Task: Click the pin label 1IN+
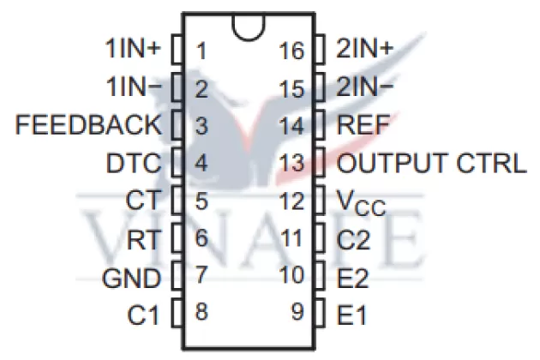pyautogui.click(x=131, y=49)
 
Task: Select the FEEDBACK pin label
pyautogui.click(x=88, y=125)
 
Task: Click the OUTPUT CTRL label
pyautogui.click(x=432, y=163)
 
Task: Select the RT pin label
pyautogui.click(x=143, y=239)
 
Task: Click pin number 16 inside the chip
pyautogui.click(x=291, y=50)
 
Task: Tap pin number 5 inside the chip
pyautogui.click(x=201, y=201)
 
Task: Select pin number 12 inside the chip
pyautogui.click(x=291, y=201)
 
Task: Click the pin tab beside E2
pyautogui.click(x=319, y=277)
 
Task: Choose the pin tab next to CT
pyautogui.click(x=177, y=201)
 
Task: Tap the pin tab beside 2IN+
pyautogui.click(x=319, y=49)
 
